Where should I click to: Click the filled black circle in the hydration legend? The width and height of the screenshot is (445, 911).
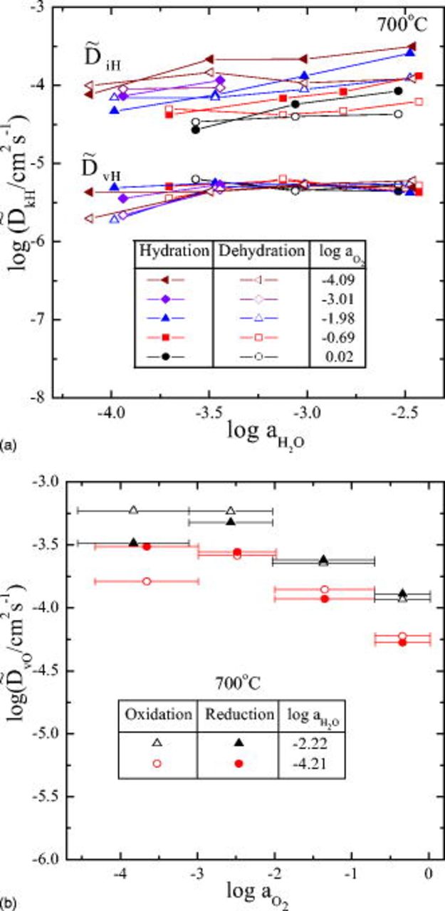[174, 351]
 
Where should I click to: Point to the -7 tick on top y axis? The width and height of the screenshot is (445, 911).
[51, 320]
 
